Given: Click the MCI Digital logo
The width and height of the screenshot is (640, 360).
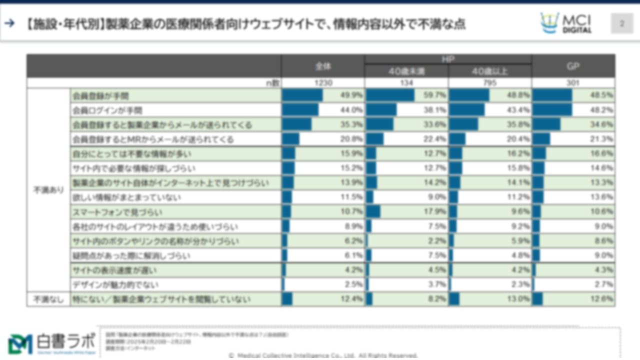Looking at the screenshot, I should pos(566,23).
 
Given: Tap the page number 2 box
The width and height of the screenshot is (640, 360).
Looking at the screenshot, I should pos(622,23).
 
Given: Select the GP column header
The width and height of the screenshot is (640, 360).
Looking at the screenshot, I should pos(573,66).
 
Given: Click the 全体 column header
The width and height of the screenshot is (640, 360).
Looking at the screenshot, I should pos(323,66).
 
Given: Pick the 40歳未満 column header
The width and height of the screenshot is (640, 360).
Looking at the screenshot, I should pos(406,71).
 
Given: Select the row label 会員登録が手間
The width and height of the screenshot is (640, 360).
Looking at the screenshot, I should pos(100,95).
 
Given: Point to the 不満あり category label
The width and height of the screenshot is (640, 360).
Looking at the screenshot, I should pos(48,190).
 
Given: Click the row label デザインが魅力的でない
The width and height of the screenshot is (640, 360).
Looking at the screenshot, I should pos(115,285).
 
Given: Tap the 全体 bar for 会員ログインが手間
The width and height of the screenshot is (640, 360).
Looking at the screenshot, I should pos(300,110).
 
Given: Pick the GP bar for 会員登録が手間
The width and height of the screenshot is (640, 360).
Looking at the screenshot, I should pos(552,95).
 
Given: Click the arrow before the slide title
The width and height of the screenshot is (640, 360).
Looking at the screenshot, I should pos(9,23).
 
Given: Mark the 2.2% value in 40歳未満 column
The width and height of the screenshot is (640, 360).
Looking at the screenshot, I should pos(436,241).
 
